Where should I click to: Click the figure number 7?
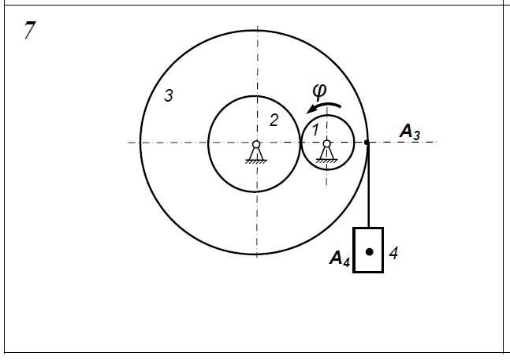(30, 30)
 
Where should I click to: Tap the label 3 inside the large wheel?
(169, 95)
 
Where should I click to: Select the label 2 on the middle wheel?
(274, 121)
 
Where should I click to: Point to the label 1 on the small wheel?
(315, 130)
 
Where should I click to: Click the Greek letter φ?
(319, 91)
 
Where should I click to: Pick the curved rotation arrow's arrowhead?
(311, 109)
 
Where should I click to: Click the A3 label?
(410, 132)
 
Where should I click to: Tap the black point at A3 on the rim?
(367, 143)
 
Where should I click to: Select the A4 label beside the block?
(341, 258)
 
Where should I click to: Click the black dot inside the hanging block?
(369, 252)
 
